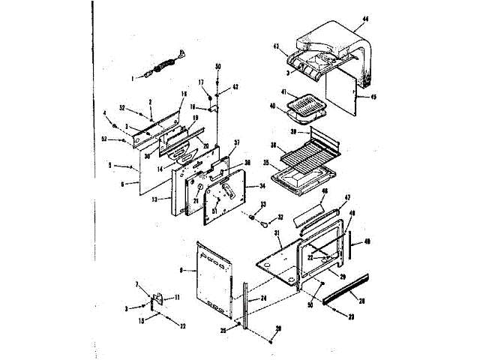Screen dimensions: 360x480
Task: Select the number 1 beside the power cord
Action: pos(133,76)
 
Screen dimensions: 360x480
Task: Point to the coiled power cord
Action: pos(163,65)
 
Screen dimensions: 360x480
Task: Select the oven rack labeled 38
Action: pos(300,157)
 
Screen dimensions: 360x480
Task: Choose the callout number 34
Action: pos(262,185)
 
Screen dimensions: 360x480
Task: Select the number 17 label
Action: pos(201,82)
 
